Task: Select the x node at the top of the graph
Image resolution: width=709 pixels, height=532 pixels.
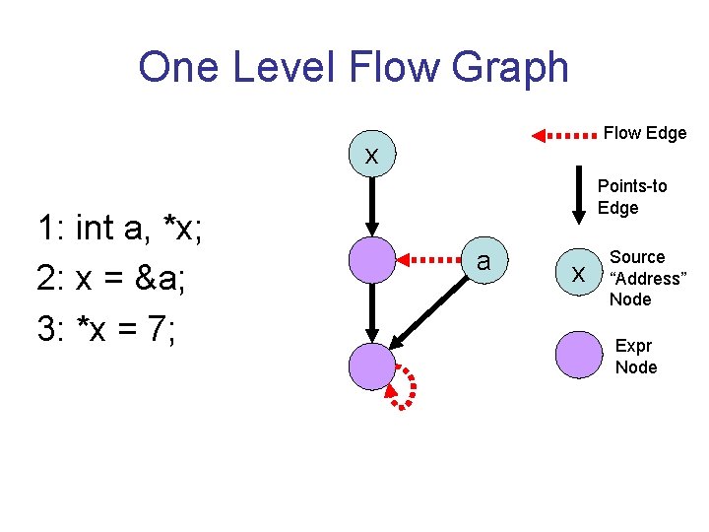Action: click(x=372, y=155)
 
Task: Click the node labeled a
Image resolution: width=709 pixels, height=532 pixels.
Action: click(x=483, y=260)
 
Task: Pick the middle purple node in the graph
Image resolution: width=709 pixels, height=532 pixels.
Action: click(x=372, y=260)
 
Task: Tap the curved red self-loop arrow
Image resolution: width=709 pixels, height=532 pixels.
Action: click(x=407, y=386)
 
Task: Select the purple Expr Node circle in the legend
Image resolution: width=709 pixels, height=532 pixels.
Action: click(x=578, y=355)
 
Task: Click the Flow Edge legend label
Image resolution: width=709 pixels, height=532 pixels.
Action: click(x=645, y=133)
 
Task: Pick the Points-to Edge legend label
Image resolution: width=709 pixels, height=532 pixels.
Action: click(x=632, y=196)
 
